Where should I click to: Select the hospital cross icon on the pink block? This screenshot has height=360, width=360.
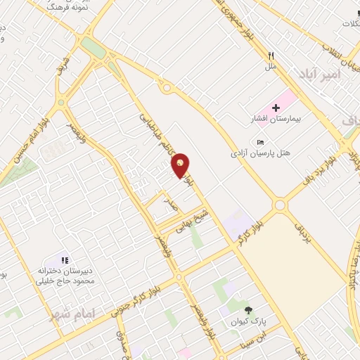click(276, 108)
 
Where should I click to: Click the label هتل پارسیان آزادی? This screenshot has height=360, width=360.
click(260, 153)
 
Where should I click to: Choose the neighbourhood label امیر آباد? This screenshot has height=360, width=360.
click(318, 73)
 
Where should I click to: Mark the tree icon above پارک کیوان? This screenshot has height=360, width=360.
click(247, 309)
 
